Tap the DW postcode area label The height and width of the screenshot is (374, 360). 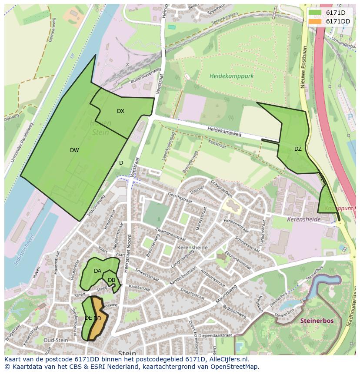(x=74, y=150)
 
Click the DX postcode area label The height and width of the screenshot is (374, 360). (x=120, y=111)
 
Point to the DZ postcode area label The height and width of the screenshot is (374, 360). (x=298, y=149)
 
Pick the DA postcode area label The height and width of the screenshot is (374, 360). (x=97, y=271)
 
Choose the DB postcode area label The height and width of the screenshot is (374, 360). (x=111, y=280)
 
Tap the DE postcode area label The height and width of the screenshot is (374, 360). (x=88, y=318)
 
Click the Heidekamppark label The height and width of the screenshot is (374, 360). (x=231, y=76)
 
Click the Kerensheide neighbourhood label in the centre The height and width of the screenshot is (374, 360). (x=192, y=248)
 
